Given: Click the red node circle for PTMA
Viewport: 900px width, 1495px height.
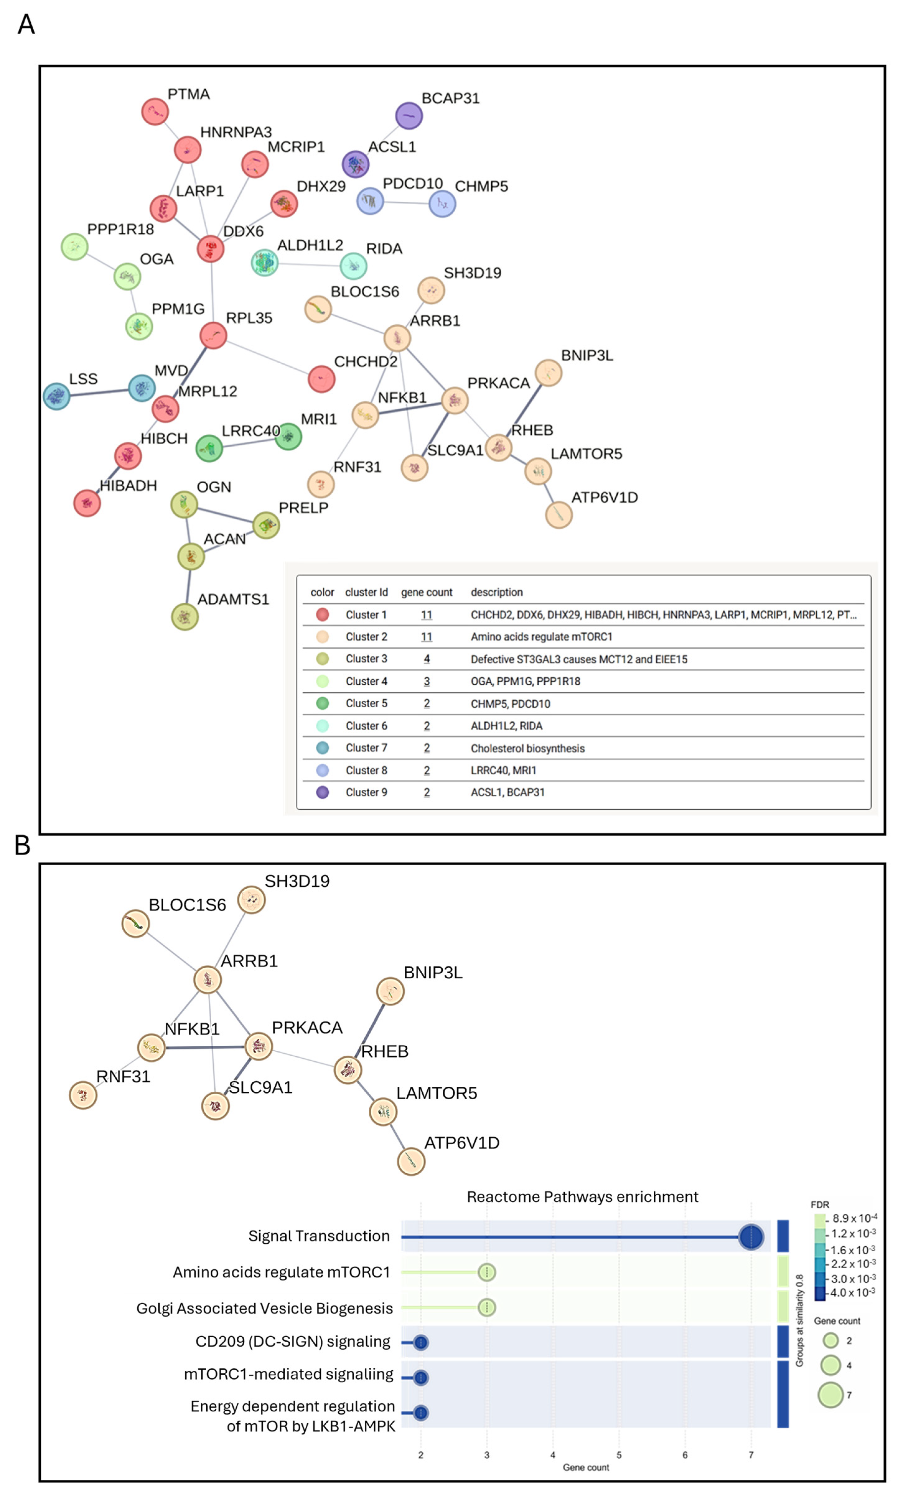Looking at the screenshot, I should [155, 111].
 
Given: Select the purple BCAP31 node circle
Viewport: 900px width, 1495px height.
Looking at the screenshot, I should [409, 116].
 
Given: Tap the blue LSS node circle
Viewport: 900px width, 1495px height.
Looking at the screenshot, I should [57, 396].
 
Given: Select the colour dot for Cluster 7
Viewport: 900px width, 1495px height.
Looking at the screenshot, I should [323, 747].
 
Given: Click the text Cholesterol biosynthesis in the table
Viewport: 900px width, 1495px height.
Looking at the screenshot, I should [528, 748].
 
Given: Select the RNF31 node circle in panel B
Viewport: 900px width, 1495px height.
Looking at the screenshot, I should [83, 1095].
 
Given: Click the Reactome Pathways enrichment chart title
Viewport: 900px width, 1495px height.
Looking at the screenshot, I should [582, 1197].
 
